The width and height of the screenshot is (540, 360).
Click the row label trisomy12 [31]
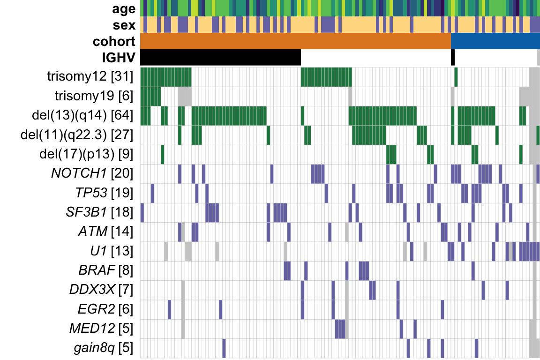coord(90,76)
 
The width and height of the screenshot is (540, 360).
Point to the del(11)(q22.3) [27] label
coord(77,135)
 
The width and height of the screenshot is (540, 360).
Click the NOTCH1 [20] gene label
coord(92,173)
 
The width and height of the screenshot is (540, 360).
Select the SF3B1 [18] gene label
coord(99,212)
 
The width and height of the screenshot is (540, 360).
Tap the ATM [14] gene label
coord(105,232)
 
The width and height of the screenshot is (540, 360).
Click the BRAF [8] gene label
coord(105,270)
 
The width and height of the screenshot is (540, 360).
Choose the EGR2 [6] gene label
coord(105,309)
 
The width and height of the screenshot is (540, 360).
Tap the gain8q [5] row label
coord(103,348)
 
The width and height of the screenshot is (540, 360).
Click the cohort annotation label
coord(114,41)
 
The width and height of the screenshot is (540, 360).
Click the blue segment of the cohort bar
coord(495,41)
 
